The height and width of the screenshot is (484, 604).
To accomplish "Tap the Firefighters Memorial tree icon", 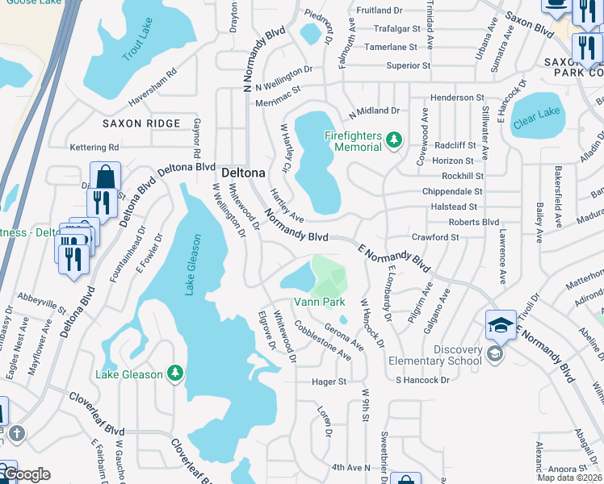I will point(393,141).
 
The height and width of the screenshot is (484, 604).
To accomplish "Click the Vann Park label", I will point(319,302).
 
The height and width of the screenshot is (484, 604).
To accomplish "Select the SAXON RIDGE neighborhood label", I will point(142,123).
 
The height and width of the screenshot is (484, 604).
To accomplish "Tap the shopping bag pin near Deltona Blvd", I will point(105,177).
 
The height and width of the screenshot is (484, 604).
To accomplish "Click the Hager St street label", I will point(329,381).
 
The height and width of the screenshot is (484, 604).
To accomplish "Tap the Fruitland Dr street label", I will point(379,10).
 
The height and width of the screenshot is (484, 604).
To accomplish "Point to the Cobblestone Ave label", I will point(322,340).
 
